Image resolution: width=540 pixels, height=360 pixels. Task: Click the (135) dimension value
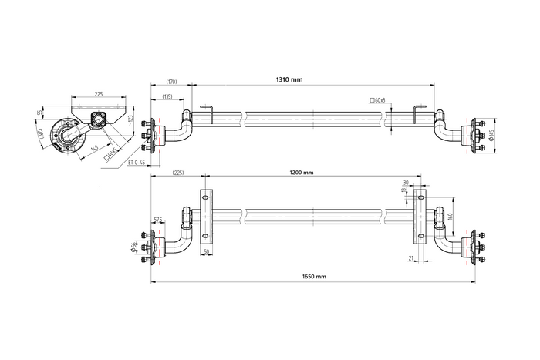click(x=167, y=96)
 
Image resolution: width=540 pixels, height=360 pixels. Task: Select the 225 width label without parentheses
click(x=98, y=94)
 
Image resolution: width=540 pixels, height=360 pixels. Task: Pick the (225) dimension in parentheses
click(x=178, y=173)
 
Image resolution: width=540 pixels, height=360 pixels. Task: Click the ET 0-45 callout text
click(x=139, y=163)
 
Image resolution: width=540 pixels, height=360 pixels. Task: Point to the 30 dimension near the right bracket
click(x=406, y=183)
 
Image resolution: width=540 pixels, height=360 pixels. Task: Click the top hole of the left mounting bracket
click(x=205, y=199)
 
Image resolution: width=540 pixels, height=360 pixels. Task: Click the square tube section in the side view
click(x=99, y=118)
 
